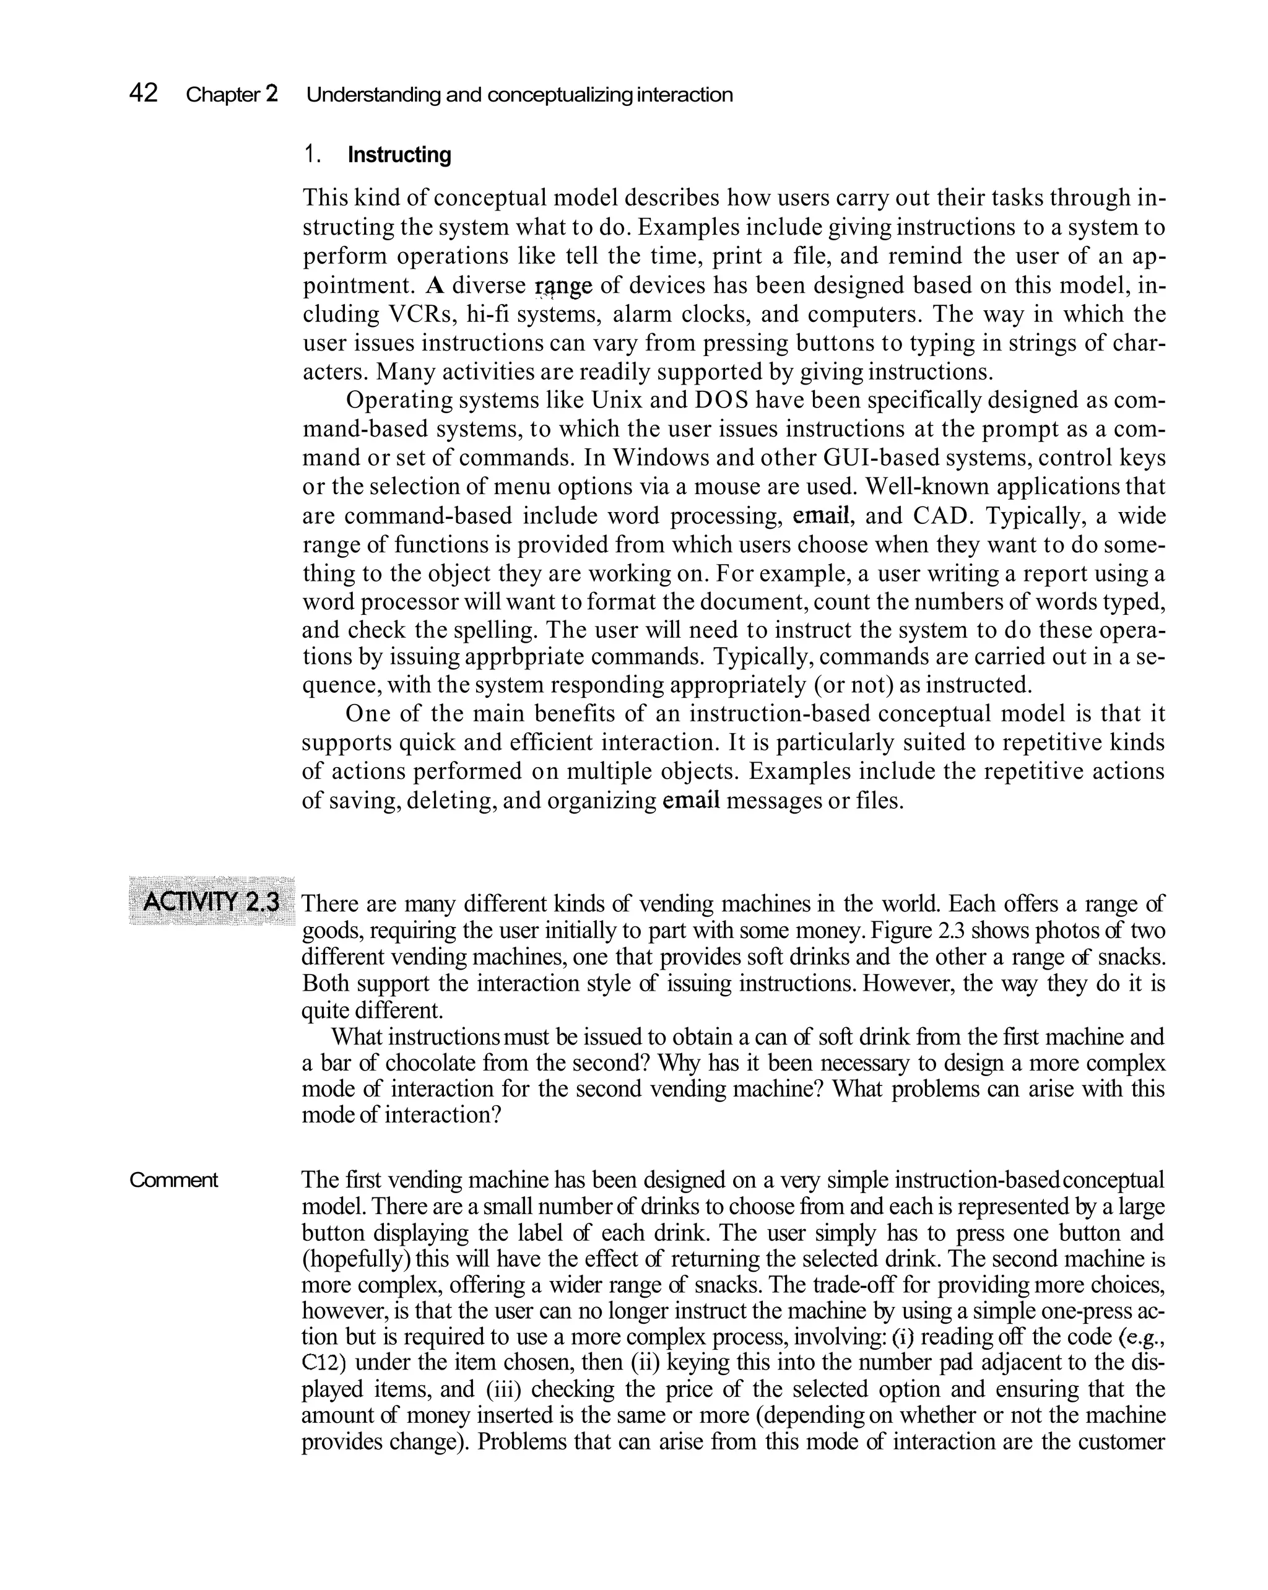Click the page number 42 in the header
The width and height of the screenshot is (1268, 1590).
(x=143, y=93)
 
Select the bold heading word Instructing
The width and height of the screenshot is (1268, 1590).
(x=399, y=155)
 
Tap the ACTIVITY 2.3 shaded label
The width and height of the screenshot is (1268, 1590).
(x=212, y=902)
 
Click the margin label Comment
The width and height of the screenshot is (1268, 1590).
(x=173, y=1180)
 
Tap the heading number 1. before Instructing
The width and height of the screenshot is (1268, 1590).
(x=312, y=155)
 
